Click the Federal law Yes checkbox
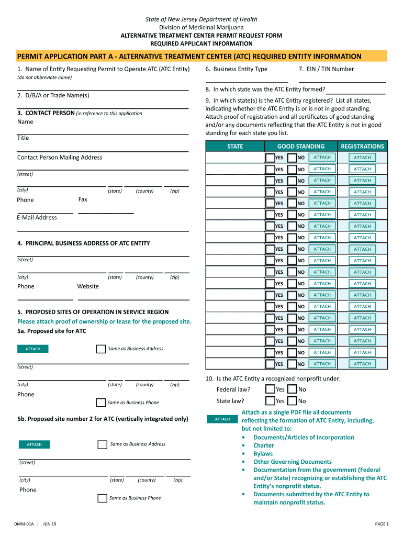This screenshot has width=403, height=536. coord(270,389)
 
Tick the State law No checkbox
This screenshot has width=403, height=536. coord(292,401)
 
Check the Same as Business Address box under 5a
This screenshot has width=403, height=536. coord(101,349)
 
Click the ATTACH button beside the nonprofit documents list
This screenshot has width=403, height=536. coord(222,419)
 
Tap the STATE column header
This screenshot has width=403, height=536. coord(235,147)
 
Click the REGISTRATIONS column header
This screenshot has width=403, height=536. coord(362,147)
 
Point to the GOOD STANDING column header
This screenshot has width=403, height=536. coord(300,147)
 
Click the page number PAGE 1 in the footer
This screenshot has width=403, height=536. coord(382,524)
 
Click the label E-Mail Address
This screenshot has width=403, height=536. coord(37,218)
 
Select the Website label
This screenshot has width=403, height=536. coord(88,286)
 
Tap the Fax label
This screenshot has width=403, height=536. coord(83,199)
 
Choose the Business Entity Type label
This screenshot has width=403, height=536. coord(237,69)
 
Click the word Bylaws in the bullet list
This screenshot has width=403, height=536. coord(263,454)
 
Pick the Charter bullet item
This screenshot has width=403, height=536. coord(263,445)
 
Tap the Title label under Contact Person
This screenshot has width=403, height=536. coord(23,138)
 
